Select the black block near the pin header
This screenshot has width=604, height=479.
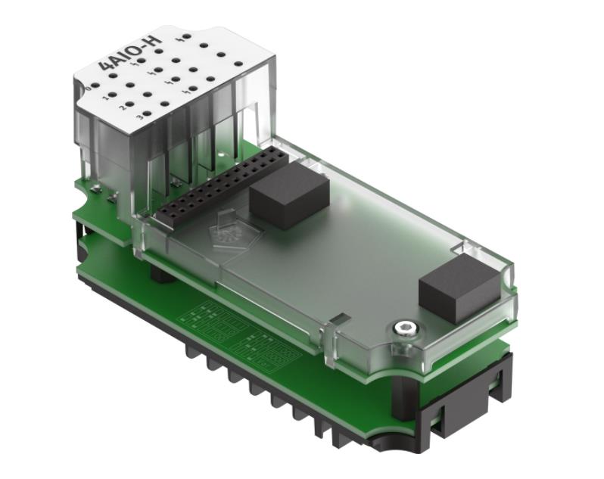[x=288, y=198]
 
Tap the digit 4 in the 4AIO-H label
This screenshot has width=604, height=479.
[x=106, y=72]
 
